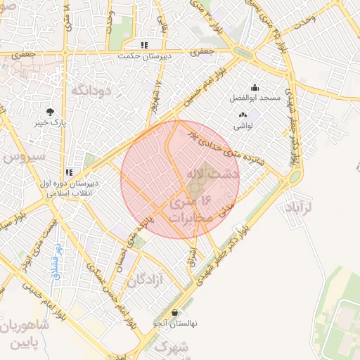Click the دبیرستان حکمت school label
144,56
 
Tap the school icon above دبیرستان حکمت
144,45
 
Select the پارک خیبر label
51,122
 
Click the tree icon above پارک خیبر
51,112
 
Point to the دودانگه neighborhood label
88,89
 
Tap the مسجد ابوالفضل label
254,98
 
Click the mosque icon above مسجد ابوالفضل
254,88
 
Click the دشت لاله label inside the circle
214,172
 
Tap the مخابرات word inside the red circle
188,217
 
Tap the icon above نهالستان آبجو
174,313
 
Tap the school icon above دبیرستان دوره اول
69,172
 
